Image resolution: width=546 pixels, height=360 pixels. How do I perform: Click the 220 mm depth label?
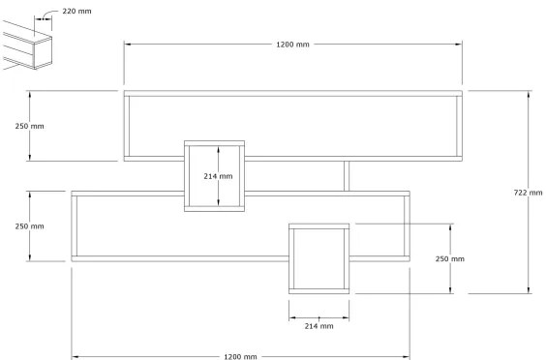(76, 12)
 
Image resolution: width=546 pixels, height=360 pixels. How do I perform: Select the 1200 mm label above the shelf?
(292, 45)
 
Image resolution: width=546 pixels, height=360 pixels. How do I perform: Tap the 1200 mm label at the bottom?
(240, 356)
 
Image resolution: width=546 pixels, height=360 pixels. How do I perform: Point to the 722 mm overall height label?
(528, 193)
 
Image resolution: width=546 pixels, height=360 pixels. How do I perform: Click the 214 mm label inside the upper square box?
(218, 176)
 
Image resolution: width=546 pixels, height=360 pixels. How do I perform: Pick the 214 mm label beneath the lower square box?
(318, 326)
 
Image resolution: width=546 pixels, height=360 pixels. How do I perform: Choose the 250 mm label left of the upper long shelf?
(30, 126)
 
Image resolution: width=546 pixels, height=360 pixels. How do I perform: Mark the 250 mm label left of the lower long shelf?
(30, 226)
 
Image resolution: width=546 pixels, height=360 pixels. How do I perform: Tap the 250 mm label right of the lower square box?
(449, 258)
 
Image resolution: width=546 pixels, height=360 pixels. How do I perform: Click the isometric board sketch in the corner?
(26, 46)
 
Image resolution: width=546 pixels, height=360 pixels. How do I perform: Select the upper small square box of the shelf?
(214, 175)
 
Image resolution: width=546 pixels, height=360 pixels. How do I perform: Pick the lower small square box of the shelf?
(318, 257)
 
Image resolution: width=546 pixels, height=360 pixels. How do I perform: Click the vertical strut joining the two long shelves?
(347, 176)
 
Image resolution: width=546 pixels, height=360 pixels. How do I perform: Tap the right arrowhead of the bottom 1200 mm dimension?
(405, 356)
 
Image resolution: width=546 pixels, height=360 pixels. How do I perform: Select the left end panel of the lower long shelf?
(74, 226)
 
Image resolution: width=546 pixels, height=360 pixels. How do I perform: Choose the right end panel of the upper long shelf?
(462, 126)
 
